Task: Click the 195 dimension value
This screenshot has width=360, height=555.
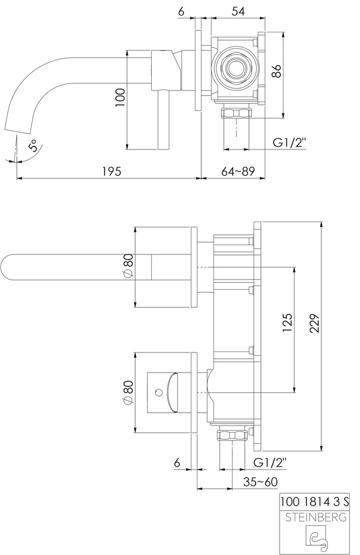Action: coord(112,171)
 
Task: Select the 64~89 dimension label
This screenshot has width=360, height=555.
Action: coord(238,171)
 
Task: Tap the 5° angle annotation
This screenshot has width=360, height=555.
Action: coord(33,146)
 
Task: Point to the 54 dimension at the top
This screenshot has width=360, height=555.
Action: coord(238,11)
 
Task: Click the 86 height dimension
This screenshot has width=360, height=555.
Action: coord(277,71)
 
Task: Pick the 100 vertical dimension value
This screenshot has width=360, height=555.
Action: coord(121,97)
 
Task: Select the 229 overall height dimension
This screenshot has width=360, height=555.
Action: coord(315,323)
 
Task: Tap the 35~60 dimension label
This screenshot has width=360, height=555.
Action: coord(260,482)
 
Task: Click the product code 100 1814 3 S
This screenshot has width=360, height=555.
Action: coord(315,501)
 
